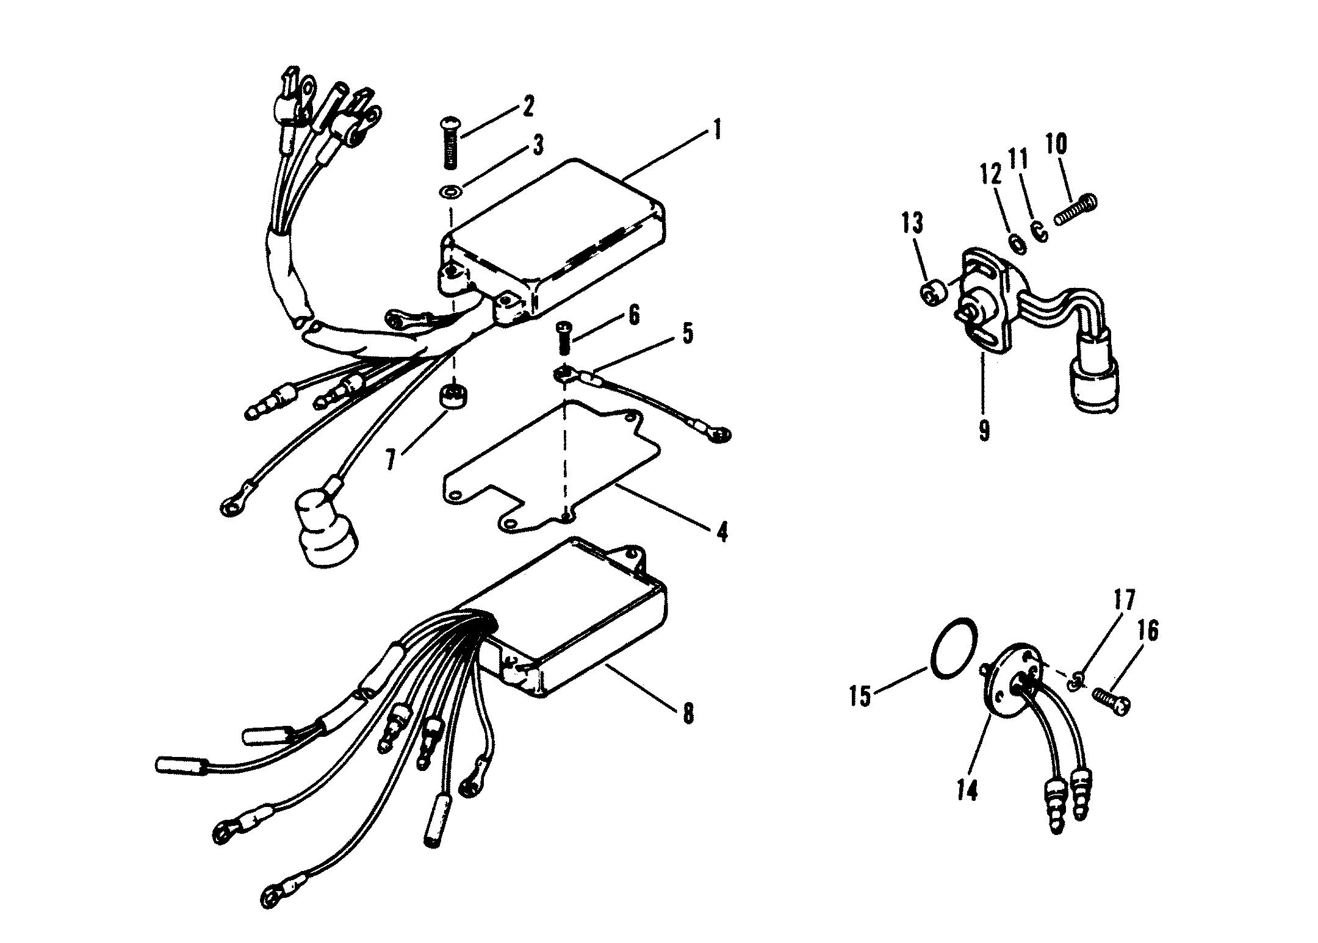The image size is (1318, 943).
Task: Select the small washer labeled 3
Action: (x=451, y=193)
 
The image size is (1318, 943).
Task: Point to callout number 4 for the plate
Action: (x=722, y=531)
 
